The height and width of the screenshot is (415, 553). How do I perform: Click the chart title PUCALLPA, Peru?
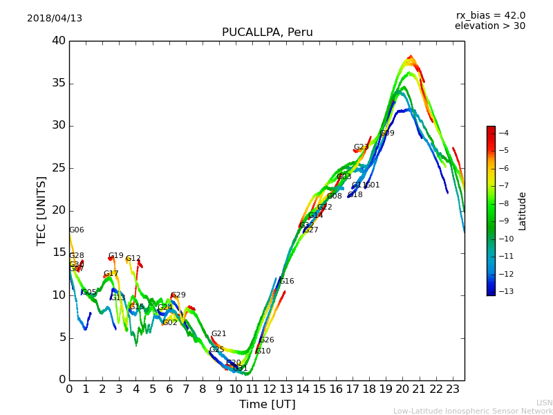tap(267, 33)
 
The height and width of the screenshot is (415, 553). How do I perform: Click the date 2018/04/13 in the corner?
tap(55, 19)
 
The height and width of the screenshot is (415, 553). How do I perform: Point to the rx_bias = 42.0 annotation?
tap(490, 15)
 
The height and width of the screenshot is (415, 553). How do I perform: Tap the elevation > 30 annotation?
tap(490, 26)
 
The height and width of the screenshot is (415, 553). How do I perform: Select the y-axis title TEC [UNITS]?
tap(41, 210)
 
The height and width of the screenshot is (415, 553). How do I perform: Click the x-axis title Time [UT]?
tap(267, 405)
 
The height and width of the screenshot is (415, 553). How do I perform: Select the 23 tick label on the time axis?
tap(453, 389)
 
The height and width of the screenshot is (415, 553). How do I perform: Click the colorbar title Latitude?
tap(523, 211)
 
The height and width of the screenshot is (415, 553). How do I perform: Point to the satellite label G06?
tap(76, 230)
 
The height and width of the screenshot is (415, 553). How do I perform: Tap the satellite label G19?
tap(116, 256)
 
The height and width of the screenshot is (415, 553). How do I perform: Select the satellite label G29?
tap(178, 295)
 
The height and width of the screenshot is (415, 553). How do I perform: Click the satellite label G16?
tap(287, 282)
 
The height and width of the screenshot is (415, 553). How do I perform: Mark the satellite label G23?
tap(361, 147)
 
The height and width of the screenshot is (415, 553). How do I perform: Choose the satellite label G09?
tap(387, 133)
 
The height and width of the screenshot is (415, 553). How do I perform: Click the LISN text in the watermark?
tap(544, 403)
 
